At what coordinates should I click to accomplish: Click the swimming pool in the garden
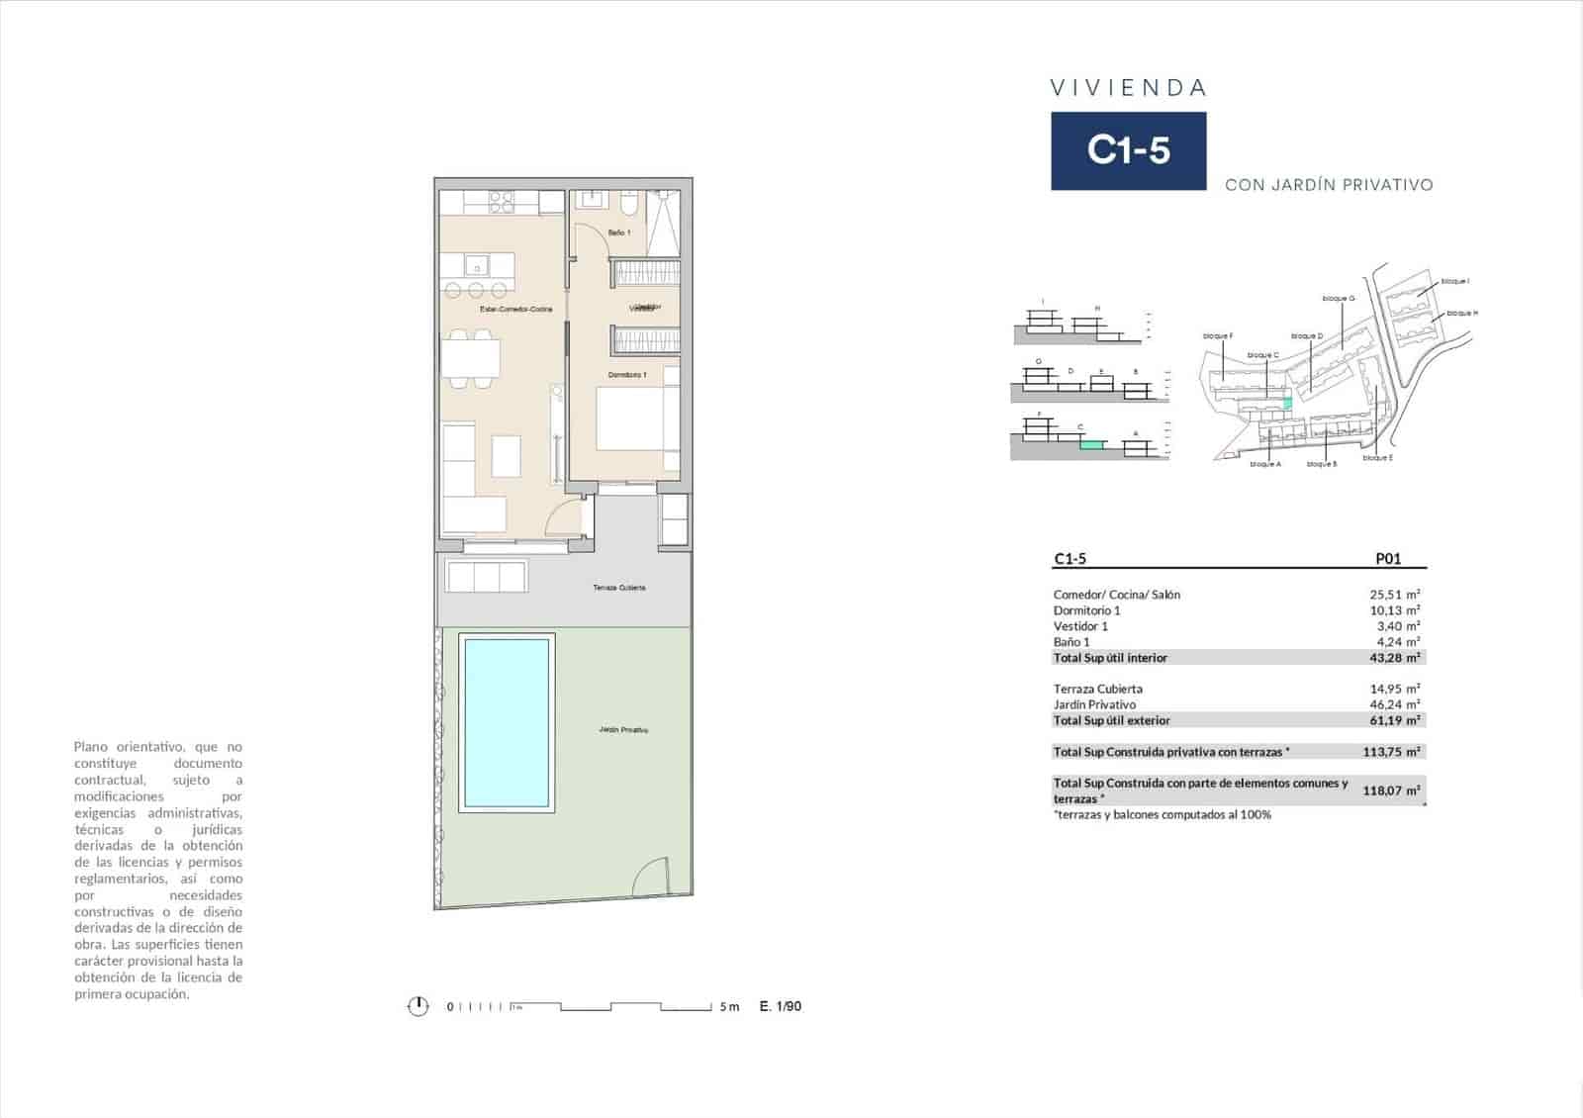click(x=506, y=723)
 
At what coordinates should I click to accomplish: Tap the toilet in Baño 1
click(x=628, y=204)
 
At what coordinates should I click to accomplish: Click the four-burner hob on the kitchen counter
click(x=502, y=202)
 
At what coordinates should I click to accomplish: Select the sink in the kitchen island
click(x=477, y=266)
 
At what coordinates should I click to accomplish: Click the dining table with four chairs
click(x=471, y=357)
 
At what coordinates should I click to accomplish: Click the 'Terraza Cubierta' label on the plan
click(x=619, y=588)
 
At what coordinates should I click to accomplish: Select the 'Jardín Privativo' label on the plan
click(x=623, y=730)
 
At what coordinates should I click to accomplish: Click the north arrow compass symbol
click(x=419, y=1006)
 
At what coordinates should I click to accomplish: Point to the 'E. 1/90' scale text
click(x=781, y=1006)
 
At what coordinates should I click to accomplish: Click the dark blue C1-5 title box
click(x=1128, y=150)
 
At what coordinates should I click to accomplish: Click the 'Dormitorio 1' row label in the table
click(x=1086, y=610)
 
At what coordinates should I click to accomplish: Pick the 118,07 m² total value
click(x=1391, y=791)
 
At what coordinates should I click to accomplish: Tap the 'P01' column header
click(x=1388, y=559)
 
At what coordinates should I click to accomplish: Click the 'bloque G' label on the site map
click(x=1338, y=298)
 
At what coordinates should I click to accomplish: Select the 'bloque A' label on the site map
click(x=1264, y=464)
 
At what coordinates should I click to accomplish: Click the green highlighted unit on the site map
click(x=1287, y=403)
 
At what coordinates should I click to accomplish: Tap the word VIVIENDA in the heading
click(x=1128, y=88)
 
